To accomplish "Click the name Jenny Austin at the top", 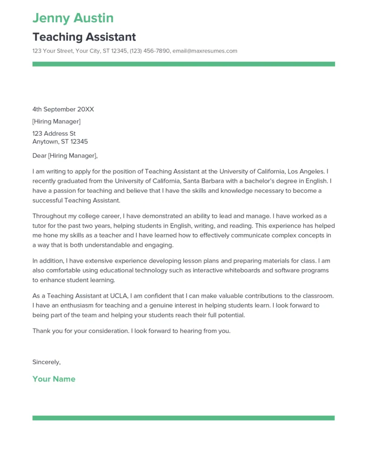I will tap(73, 18).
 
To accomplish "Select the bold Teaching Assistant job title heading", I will tap(84, 37).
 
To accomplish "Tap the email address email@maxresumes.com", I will tap(205, 51).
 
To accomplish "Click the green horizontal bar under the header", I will tap(183, 64).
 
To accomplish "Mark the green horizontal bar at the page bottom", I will tap(183, 418).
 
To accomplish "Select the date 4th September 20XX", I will tap(63, 109).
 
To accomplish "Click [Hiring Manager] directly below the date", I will tap(56, 121).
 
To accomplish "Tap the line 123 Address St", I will tap(54, 133).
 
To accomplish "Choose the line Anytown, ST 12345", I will tap(60, 141).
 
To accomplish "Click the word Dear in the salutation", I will tap(40, 156).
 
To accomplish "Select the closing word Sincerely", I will tap(46, 362).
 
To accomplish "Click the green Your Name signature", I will tap(54, 379).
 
